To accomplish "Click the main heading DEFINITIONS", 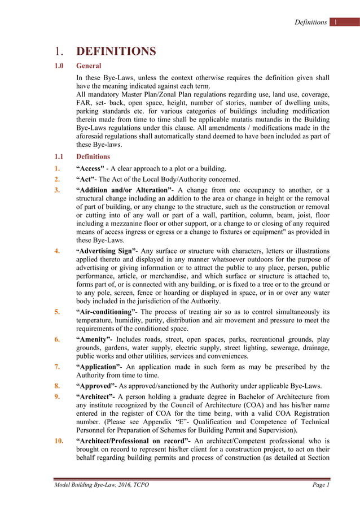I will [x=116, y=51].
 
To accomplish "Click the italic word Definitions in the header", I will [x=310, y=23].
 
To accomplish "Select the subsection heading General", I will [x=89, y=66].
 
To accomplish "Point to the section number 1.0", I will [x=59, y=66].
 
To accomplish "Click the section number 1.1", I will [x=59, y=156].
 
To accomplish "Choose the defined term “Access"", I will [x=90, y=168].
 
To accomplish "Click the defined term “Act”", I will [x=86, y=179].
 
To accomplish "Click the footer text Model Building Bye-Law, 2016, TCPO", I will [x=102, y=485].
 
